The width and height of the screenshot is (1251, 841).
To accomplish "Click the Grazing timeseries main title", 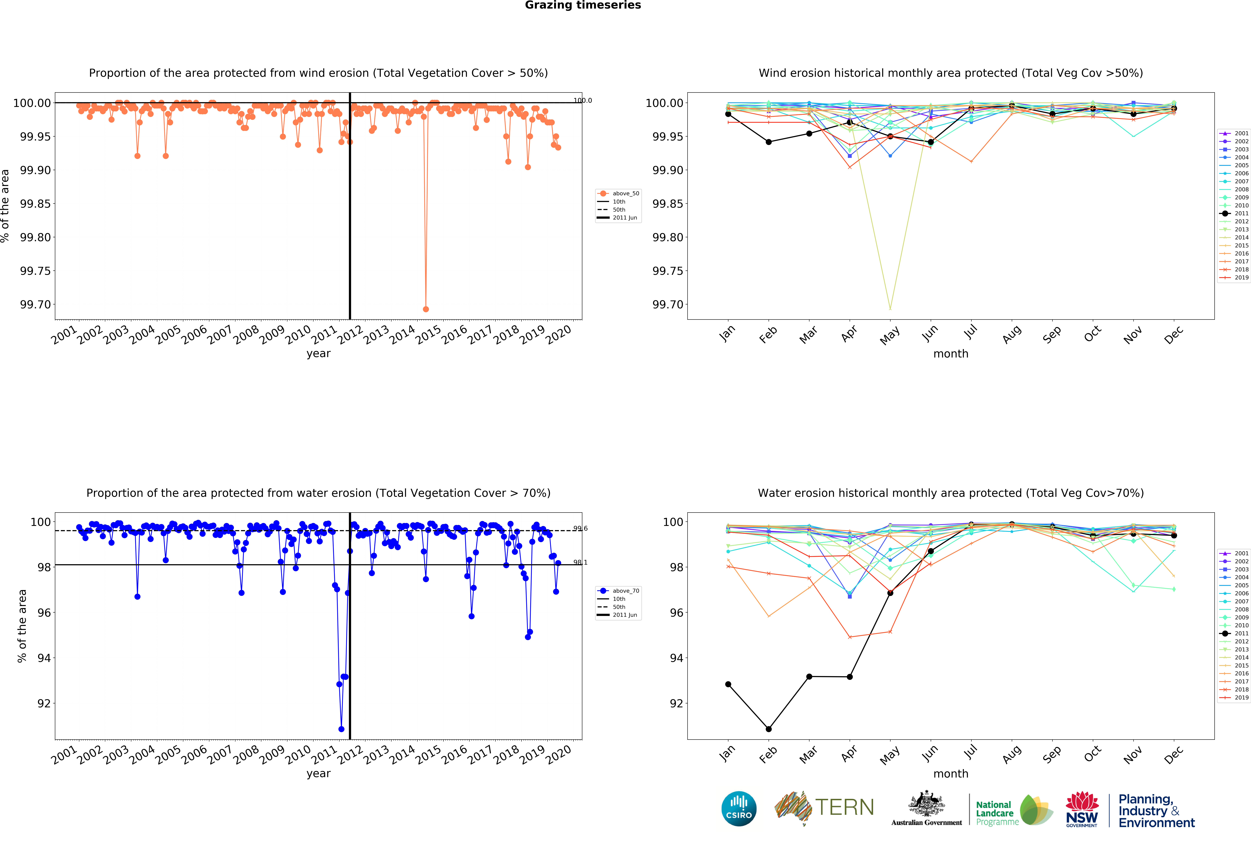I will pyautogui.click(x=583, y=5).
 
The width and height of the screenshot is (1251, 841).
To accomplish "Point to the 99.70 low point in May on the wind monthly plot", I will pyautogui.click(x=890, y=308).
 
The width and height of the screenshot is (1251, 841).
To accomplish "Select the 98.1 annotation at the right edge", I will pyautogui.click(x=580, y=563).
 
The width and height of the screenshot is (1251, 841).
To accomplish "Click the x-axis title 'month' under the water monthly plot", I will pyautogui.click(x=951, y=774).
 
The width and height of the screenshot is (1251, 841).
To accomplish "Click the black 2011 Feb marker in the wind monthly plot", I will pyautogui.click(x=769, y=142).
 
